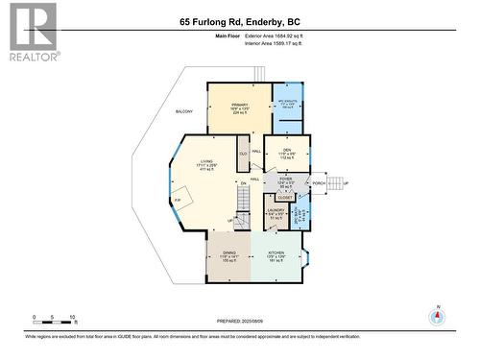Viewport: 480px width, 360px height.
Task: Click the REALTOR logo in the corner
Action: (x=32, y=32)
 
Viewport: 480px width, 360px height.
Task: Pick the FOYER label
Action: (x=285, y=182)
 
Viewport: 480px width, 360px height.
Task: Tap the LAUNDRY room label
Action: (x=276, y=214)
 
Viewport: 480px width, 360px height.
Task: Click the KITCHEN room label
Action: (x=276, y=255)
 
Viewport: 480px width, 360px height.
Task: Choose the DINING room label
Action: (x=229, y=255)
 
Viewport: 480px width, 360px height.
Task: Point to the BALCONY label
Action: (x=184, y=111)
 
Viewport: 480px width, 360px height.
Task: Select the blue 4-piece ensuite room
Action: (x=287, y=106)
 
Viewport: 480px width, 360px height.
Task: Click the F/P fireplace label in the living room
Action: (x=178, y=198)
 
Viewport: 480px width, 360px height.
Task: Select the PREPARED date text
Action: (x=240, y=323)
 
